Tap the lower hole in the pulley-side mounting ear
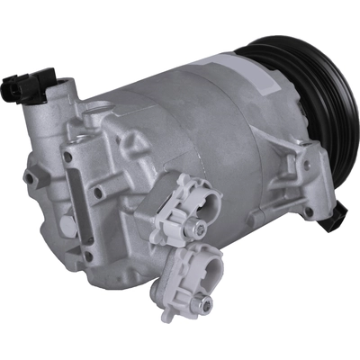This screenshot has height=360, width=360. [x=309, y=212]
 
